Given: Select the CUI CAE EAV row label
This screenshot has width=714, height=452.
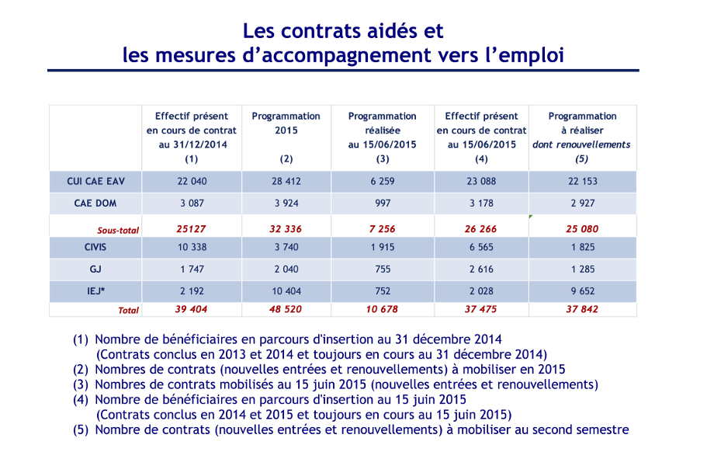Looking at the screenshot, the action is click(95, 182).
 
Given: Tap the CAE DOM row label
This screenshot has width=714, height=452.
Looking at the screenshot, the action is click(95, 203).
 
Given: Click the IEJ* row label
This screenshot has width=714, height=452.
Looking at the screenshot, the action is click(95, 290).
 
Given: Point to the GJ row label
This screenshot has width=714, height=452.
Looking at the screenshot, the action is click(95, 269).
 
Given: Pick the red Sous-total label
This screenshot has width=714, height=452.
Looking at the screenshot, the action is click(118, 230).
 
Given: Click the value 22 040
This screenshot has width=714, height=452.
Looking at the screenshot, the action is click(192, 182).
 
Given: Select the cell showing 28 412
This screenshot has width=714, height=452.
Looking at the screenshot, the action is click(286, 182).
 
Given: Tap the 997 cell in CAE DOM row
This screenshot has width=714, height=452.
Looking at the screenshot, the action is click(383, 203).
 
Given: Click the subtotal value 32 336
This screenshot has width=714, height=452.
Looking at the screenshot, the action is click(286, 229).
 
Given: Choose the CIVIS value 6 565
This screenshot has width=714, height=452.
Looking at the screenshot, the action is click(481, 247).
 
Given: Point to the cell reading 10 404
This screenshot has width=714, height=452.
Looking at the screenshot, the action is click(286, 290).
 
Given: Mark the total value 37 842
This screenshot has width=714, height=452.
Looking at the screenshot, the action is click(582, 309).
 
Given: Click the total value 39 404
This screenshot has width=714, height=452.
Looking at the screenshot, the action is click(191, 309).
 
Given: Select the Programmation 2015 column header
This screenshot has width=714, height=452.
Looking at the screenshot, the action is click(286, 123).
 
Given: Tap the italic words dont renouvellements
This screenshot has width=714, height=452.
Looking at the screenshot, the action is click(581, 144).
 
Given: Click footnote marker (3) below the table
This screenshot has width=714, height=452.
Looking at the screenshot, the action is click(81, 384).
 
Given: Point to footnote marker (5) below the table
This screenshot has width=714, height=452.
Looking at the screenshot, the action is click(81, 429).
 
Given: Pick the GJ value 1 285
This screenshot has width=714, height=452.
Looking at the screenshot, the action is click(583, 269).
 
